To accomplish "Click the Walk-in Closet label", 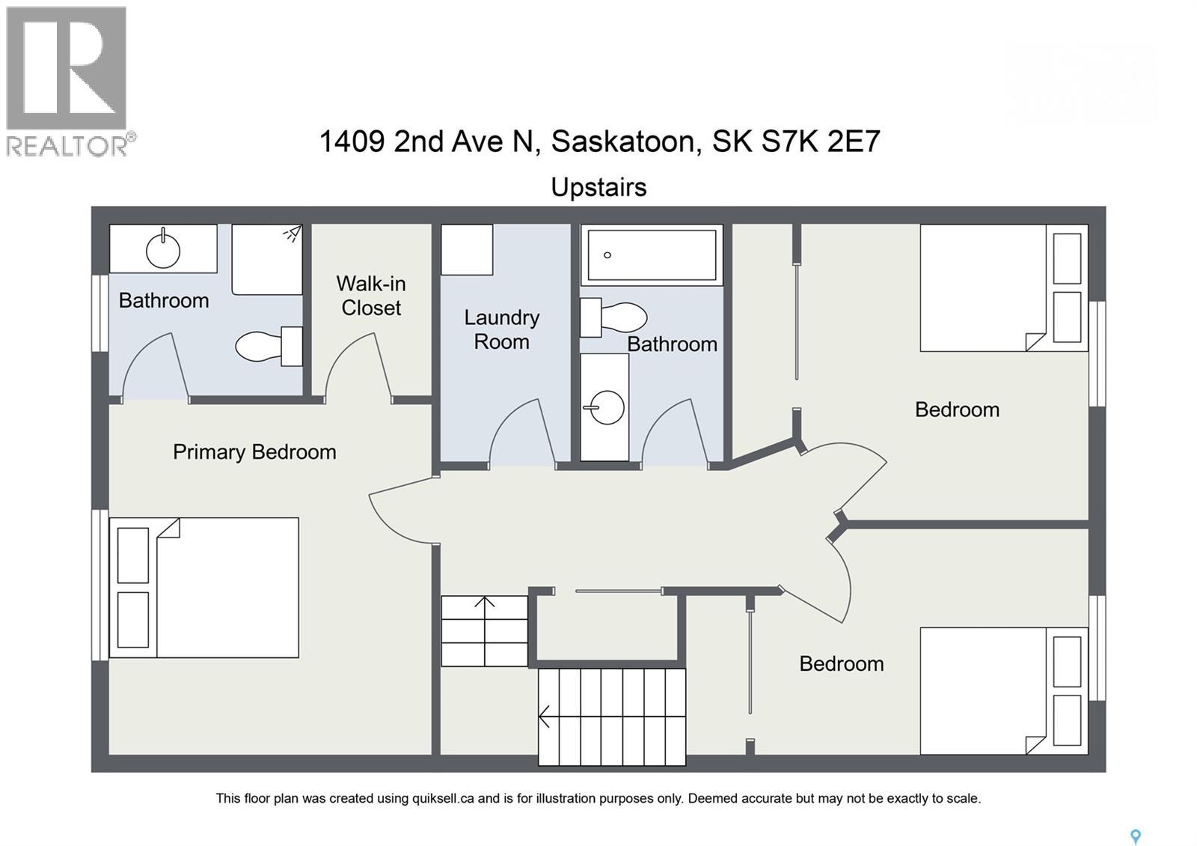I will tap(371, 296).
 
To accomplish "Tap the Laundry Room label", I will tap(501, 329).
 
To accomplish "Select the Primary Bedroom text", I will tap(254, 452).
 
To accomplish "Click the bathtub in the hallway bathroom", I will tap(652, 255).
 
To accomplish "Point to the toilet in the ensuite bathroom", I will tap(268, 346).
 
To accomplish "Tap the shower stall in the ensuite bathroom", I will tap(266, 260).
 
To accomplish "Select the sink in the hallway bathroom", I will tap(604, 408).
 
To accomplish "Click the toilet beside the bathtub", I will tap(613, 317).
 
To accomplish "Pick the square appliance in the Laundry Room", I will tap(467, 249).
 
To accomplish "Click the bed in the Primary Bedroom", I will tap(204, 588).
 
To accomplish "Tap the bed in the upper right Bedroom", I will tap(1002, 287).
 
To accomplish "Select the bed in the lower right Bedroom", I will tap(1002, 691).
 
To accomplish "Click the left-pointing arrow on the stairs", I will tap(546, 717).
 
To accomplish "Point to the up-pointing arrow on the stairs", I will tap(485, 603).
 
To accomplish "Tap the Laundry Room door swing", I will tap(522, 434).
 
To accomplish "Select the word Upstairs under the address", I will tap(598, 187).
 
